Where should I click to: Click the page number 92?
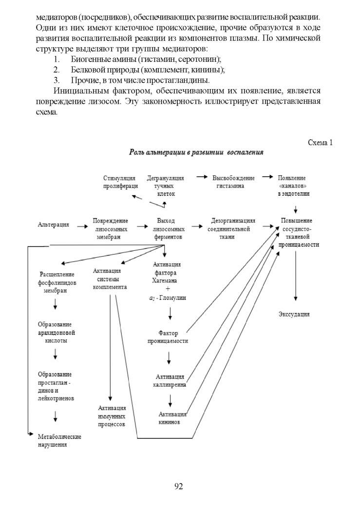tap(179, 486)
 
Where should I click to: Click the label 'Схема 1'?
tap(320, 143)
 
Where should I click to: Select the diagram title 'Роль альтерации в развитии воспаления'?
tap(196, 152)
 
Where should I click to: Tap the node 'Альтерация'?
tap(54, 225)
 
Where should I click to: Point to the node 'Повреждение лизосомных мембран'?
tap(110, 229)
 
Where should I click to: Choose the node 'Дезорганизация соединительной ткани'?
tap(231, 229)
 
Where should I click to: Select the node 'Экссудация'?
tap(294, 314)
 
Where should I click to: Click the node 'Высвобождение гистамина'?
tap(233, 182)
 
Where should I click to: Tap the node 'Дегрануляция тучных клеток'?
tap(165, 186)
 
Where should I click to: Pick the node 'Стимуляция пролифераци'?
tap(120, 182)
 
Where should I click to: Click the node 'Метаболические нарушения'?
tap(59, 441)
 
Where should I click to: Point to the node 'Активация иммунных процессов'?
tap(112, 416)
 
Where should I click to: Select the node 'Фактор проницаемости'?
tap(168, 337)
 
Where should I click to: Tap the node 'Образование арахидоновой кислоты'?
tap(57, 333)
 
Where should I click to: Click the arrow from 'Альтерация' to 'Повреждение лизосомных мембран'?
tap(82, 226)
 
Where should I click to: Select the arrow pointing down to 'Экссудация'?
tap(296, 276)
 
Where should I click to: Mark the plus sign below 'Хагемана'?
tap(168, 289)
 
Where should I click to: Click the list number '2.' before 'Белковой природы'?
tap(57, 70)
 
